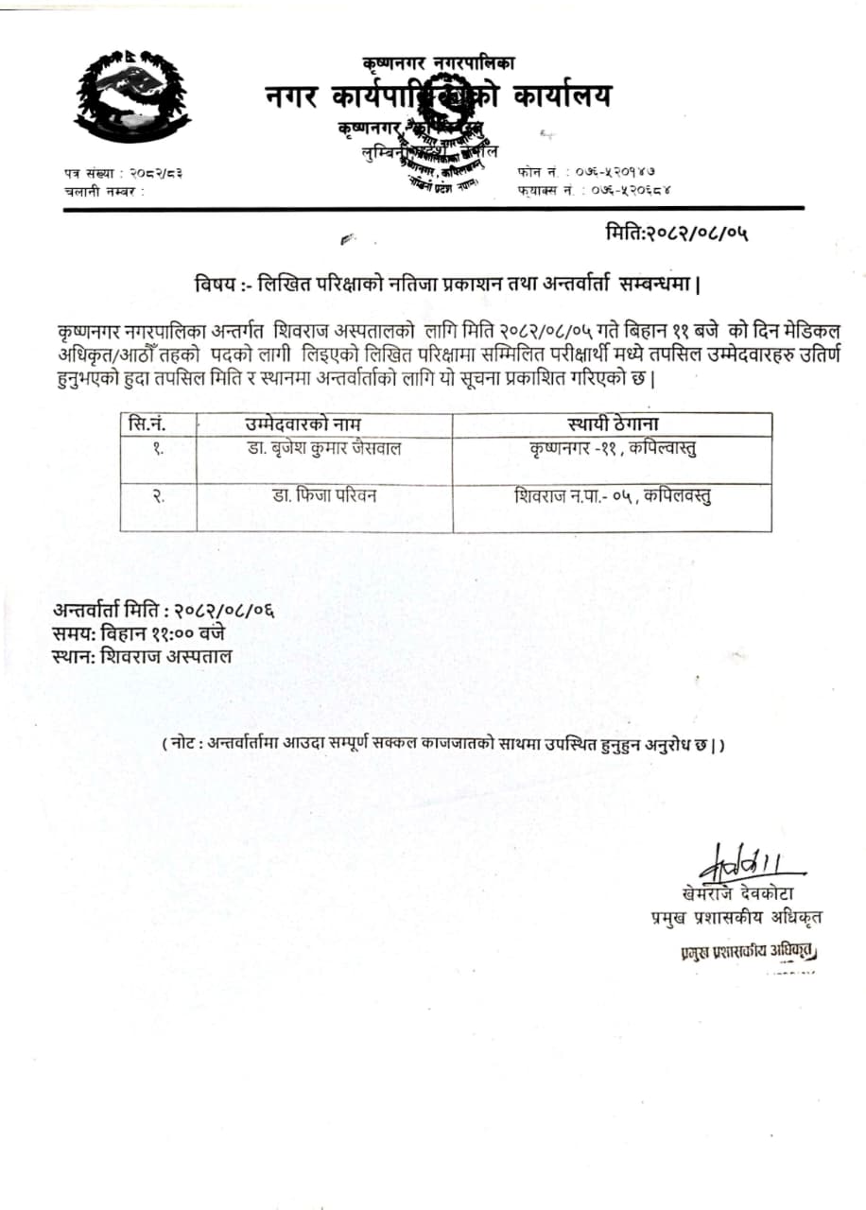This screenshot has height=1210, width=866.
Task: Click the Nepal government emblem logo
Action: pos(131,95)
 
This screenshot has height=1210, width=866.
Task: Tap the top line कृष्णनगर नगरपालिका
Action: pos(438,63)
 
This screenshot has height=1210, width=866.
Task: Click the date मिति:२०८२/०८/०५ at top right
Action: pos(684,232)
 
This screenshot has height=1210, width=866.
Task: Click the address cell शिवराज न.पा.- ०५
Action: pos(613,494)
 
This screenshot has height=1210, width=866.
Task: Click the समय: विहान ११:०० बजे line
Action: pos(139,632)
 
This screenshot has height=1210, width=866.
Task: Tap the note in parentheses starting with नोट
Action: pos(443,745)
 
